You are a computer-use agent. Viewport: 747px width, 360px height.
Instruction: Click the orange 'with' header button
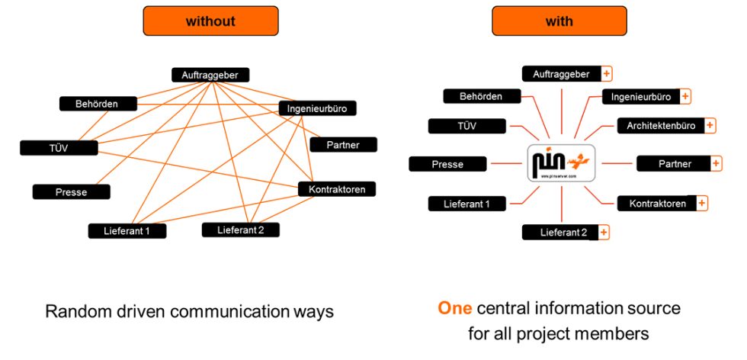pyautogui.click(x=559, y=21)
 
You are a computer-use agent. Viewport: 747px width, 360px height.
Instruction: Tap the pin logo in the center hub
pyautogui.click(x=561, y=162)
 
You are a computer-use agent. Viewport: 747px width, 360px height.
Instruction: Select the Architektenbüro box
pyautogui.click(x=660, y=126)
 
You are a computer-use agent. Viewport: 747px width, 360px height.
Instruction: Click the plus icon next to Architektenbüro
pyautogui.click(x=710, y=126)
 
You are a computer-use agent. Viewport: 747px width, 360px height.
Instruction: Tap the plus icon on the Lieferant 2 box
pyautogui.click(x=604, y=233)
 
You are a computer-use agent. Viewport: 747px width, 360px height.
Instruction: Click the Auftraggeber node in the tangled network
pyautogui.click(x=210, y=75)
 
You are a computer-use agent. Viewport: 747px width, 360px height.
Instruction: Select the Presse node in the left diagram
pyautogui.click(x=71, y=192)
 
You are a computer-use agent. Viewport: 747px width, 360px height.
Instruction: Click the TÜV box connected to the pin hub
pyautogui.click(x=466, y=127)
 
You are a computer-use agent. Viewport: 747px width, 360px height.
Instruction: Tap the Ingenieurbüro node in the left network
pyautogui.click(x=317, y=108)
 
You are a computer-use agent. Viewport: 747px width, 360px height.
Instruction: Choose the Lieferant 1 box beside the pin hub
pyautogui.click(x=466, y=204)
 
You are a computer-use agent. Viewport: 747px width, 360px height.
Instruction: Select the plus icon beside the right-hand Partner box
pyautogui.click(x=716, y=164)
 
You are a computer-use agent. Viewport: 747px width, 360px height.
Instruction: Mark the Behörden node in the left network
pyautogui.click(x=98, y=104)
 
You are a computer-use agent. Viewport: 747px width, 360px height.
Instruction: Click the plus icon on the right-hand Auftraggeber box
pyautogui.click(x=607, y=74)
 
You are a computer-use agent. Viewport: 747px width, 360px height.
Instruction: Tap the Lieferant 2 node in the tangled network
pyautogui.click(x=240, y=230)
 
